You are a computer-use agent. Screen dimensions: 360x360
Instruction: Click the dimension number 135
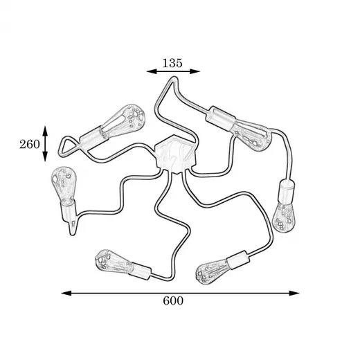tap(172, 63)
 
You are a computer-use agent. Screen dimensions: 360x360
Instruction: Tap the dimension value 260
tap(30, 145)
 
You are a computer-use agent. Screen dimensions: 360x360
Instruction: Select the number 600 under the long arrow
tap(173, 300)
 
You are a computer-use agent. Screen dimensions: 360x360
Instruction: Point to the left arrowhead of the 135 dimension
tap(152, 71)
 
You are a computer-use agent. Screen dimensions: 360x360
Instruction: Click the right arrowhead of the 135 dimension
tap(195, 71)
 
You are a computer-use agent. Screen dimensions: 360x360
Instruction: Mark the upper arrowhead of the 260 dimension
tap(45, 131)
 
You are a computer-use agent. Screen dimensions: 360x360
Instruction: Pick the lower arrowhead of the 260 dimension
tap(45, 156)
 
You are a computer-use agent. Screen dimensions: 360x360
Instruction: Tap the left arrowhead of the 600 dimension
tap(66, 293)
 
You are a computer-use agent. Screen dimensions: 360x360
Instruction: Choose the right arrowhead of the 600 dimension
tap(294, 293)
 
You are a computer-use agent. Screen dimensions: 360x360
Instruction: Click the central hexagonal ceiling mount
tap(175, 154)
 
